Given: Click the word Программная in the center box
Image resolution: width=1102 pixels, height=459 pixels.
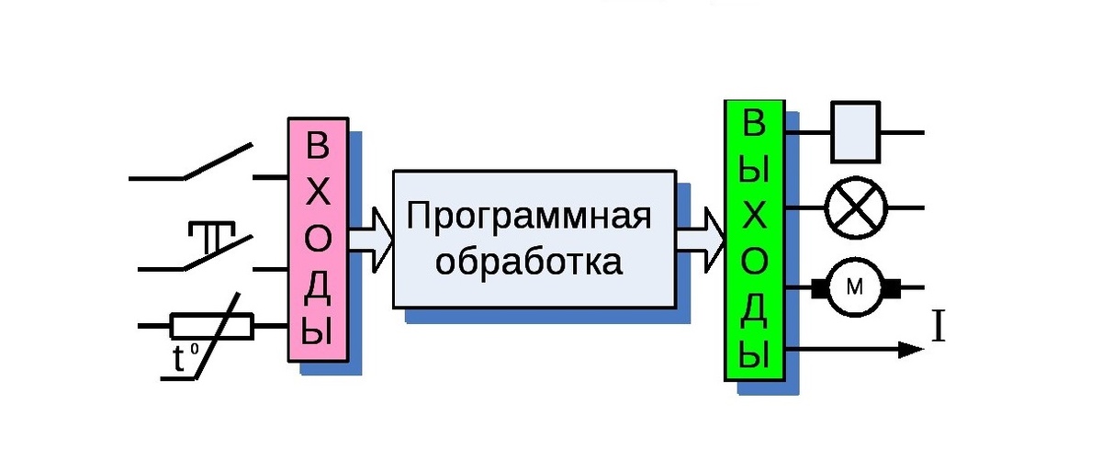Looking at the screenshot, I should pyautogui.click(x=529, y=218).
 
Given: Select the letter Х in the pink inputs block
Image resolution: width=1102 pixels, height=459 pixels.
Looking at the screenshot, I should pyautogui.click(x=318, y=194).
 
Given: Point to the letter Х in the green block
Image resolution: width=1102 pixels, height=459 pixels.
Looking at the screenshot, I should pyautogui.click(x=754, y=218).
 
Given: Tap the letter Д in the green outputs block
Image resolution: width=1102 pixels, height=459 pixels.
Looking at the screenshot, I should pyautogui.click(x=754, y=310).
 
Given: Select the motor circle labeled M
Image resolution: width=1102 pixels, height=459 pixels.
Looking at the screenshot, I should pyautogui.click(x=855, y=287).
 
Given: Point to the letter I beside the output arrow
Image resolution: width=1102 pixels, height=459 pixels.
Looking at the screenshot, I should pyautogui.click(x=939, y=328).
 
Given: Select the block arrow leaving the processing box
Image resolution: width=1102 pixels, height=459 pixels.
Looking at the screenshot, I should pyautogui.click(x=702, y=237).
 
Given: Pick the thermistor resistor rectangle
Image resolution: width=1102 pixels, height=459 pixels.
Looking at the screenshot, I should pyautogui.click(x=212, y=325).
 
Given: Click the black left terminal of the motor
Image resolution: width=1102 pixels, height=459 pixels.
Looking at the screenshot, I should pyautogui.click(x=818, y=288).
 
